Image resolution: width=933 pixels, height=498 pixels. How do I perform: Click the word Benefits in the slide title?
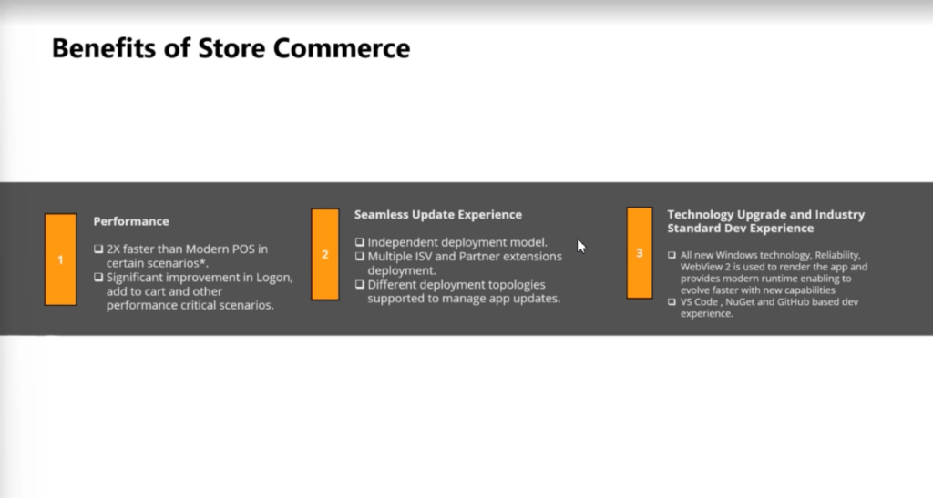[x=104, y=48]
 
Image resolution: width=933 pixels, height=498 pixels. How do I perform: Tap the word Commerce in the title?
[x=342, y=48]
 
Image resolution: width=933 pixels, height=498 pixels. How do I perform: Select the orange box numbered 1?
[x=61, y=259]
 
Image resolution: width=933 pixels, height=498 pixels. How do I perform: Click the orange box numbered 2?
[x=325, y=254]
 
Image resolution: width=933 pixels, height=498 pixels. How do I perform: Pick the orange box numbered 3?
[x=640, y=253]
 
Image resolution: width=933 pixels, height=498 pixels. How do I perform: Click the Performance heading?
[x=131, y=221]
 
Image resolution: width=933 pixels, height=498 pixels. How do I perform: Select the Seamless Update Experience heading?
[x=438, y=215]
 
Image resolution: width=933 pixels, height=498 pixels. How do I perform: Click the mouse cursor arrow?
[x=581, y=246]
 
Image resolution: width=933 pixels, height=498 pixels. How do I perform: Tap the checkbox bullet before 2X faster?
[x=98, y=249]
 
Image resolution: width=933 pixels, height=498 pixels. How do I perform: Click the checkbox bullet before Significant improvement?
[x=98, y=278]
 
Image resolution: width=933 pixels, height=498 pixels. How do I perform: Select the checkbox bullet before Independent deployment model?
[x=359, y=242]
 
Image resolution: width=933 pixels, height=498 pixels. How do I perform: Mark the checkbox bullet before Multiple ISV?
[x=359, y=256]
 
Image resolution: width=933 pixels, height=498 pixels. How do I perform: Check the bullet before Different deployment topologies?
[x=359, y=284]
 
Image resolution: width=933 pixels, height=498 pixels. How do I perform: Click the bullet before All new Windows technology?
[x=672, y=255]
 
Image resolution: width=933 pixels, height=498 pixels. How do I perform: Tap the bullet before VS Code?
[x=672, y=302]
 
